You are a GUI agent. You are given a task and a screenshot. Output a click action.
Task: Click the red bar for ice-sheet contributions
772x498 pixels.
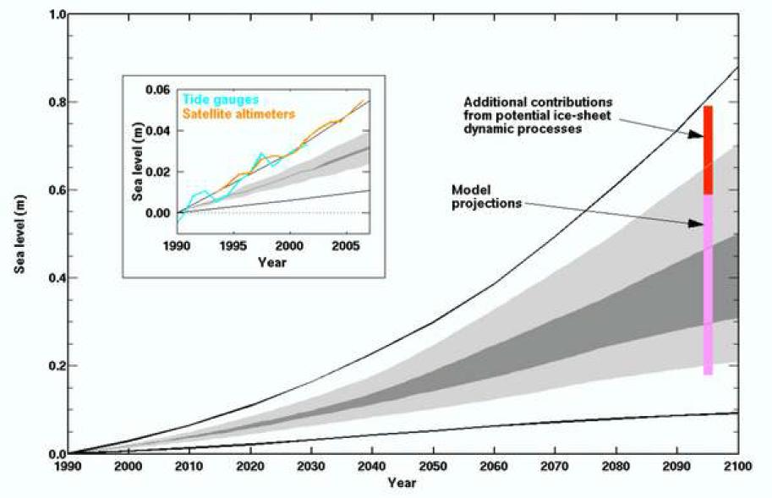coord(709,150)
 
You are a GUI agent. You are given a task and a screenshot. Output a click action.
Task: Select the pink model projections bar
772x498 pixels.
coord(709,283)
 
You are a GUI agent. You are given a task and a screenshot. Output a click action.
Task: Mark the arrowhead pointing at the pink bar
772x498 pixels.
coord(698,223)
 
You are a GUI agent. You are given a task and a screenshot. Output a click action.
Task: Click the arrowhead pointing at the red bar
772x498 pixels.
coord(698,133)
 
